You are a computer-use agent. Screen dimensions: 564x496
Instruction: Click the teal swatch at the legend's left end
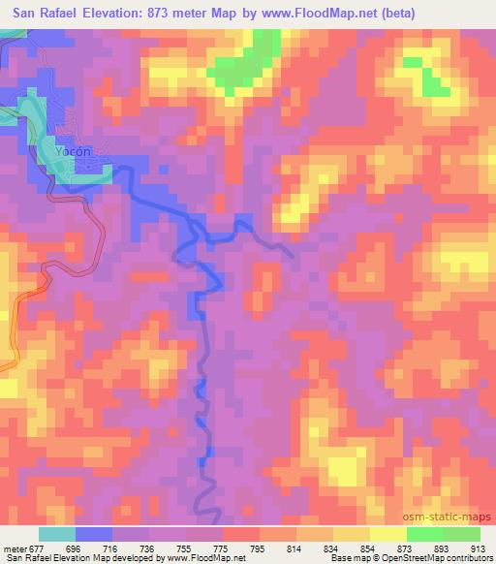click(x=57, y=534)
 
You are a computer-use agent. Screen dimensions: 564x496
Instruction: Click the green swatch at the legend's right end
click(x=462, y=534)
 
